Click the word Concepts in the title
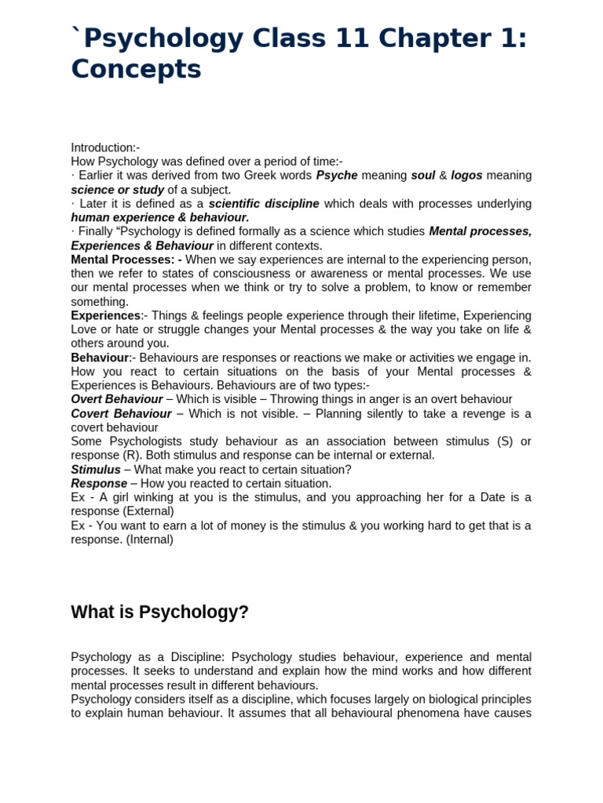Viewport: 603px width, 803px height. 136,69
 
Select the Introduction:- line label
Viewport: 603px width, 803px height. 105,147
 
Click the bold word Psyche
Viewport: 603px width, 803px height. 337,176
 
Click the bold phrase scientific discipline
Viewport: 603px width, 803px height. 264,204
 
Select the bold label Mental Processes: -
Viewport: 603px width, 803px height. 126,260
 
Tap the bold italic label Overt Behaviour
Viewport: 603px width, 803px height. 117,399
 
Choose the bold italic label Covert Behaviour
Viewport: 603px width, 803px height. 121,413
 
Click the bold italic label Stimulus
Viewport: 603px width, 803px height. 96,469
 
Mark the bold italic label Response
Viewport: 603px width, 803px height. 99,483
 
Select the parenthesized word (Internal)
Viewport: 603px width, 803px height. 146,540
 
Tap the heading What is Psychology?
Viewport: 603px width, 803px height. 159,612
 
